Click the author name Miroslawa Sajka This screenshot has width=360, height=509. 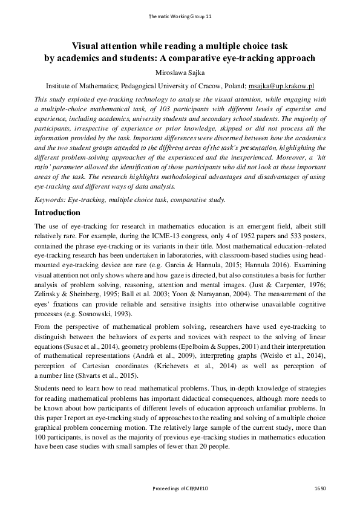[180, 73]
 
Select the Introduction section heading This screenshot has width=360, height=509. [57, 213]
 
